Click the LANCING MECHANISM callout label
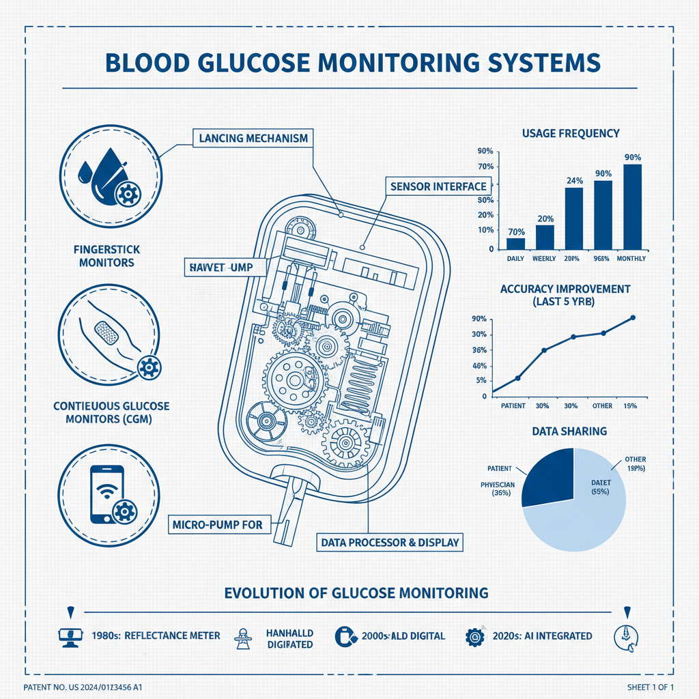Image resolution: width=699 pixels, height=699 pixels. [x=253, y=138]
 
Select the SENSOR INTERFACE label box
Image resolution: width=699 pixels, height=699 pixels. [x=438, y=186]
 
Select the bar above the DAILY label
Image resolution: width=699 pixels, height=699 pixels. [x=515, y=243]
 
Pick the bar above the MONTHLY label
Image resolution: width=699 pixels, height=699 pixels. [x=632, y=206]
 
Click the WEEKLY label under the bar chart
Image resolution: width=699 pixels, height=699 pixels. [x=545, y=259]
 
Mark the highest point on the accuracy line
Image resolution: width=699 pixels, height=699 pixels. [x=633, y=317]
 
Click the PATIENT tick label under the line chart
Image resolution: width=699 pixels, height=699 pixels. [x=513, y=406]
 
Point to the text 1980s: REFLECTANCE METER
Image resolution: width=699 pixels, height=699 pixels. [x=156, y=636]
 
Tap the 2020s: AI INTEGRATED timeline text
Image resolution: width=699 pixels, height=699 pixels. [x=542, y=636]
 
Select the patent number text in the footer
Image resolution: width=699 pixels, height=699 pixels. [x=88, y=686]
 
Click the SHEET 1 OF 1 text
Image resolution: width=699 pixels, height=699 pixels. [x=651, y=686]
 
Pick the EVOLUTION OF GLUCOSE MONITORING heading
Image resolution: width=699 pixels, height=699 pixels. [x=356, y=593]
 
